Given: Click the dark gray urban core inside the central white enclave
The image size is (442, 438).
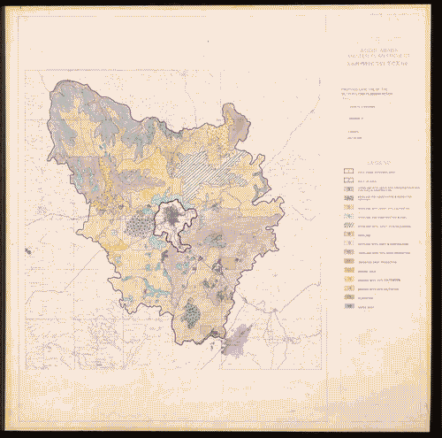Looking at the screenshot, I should [x=185, y=218].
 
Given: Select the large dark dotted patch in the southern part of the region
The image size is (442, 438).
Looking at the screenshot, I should [x=194, y=313].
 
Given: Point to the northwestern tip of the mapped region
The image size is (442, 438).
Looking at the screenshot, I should [x=58, y=87].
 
